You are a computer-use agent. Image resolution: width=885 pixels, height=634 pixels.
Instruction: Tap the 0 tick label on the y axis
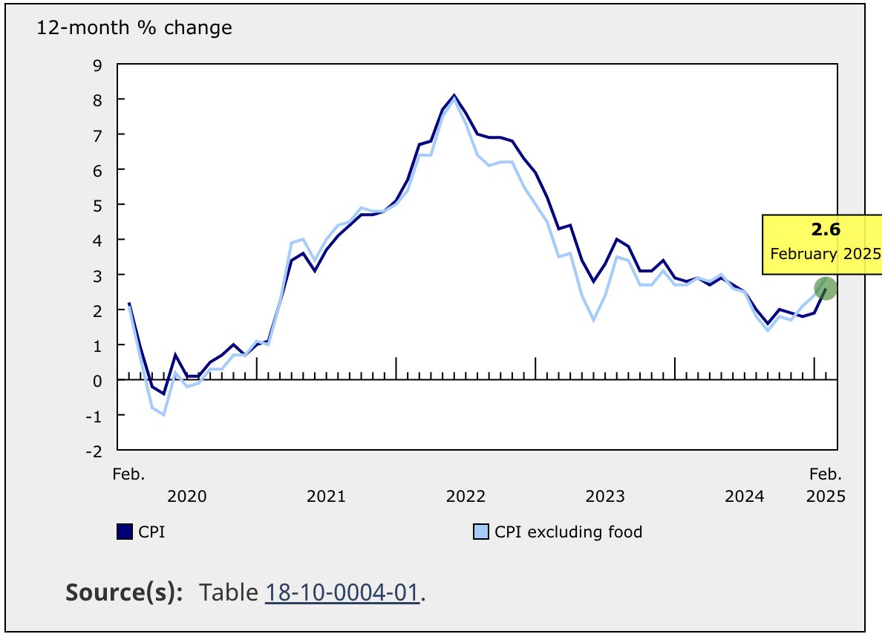[x=98, y=380]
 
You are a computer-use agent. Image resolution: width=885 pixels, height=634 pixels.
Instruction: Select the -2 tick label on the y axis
[x=95, y=450]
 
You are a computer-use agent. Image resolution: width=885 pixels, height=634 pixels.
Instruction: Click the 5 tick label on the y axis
[x=98, y=204]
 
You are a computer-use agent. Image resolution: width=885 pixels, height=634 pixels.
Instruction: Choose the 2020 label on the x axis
[x=187, y=496]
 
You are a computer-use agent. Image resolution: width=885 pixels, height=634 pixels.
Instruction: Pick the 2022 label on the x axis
[x=466, y=496]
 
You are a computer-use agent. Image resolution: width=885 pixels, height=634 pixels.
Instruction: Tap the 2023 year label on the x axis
[x=605, y=496]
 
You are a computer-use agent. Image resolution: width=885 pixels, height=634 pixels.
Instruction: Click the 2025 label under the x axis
[x=826, y=496]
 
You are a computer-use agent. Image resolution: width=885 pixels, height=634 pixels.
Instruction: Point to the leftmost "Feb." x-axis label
[x=129, y=474]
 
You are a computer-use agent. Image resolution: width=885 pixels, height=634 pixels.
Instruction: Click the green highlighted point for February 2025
[x=826, y=288]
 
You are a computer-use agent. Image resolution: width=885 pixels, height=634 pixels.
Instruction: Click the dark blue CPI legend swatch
[x=125, y=532]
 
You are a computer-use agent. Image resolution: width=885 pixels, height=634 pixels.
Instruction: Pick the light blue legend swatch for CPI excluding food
[x=481, y=532]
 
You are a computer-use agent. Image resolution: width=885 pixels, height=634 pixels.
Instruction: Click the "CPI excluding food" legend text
[x=568, y=532]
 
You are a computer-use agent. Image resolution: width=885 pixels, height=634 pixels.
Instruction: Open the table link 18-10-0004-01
[x=342, y=592]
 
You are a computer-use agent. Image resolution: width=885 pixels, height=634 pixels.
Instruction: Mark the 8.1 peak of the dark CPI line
[x=454, y=95]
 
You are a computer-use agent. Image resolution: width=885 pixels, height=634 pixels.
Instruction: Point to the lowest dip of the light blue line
[x=163, y=414]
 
